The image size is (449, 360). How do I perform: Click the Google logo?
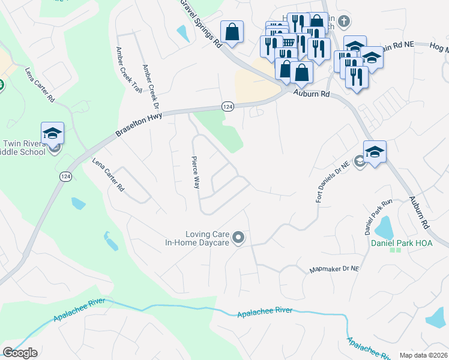20,353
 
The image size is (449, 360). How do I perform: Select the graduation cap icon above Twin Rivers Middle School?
53,133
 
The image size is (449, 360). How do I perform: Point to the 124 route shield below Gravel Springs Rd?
227,106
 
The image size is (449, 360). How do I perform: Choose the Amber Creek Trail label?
128,70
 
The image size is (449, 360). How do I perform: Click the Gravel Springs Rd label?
201,24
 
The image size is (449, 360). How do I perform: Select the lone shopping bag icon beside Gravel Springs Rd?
232,32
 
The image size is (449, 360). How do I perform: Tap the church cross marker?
343,21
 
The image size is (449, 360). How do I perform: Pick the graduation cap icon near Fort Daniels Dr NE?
375,152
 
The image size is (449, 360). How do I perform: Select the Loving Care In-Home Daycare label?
197,238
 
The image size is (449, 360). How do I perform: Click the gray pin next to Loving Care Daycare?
238,238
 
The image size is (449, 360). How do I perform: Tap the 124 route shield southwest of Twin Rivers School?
65,176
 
